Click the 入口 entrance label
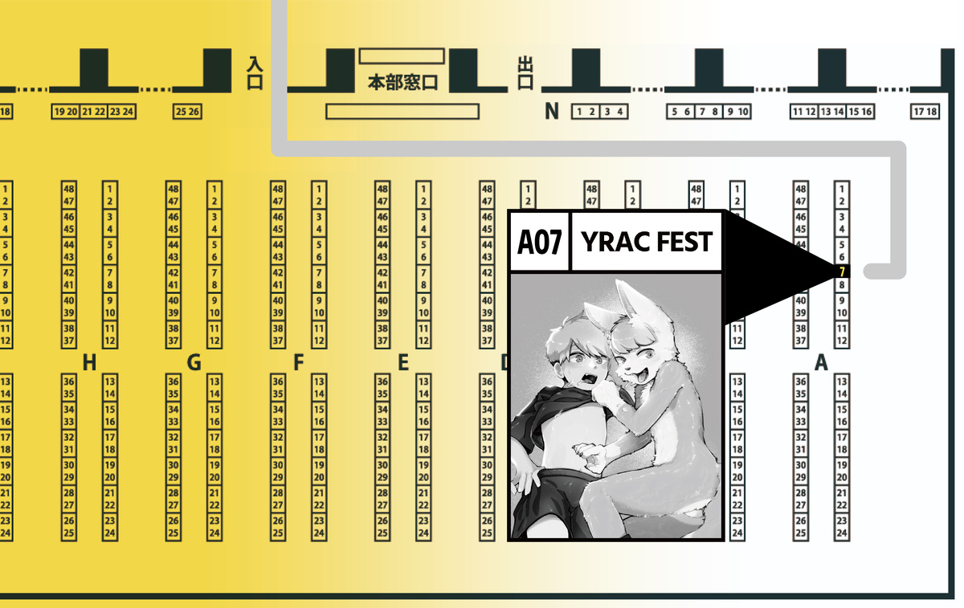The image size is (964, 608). click(254, 72)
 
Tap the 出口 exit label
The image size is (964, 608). click(526, 73)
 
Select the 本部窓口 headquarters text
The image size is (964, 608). click(402, 83)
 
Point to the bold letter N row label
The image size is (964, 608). click(551, 112)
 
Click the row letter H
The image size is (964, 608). click(89, 363)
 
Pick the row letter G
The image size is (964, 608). click(194, 363)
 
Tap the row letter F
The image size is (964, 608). click(298, 363)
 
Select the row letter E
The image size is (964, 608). click(402, 363)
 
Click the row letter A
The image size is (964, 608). click(821, 363)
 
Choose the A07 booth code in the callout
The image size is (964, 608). click(539, 242)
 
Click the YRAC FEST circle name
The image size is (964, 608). click(646, 242)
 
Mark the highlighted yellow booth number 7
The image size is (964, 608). click(842, 271)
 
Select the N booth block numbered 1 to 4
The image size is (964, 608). click(599, 112)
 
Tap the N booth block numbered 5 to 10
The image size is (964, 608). click(709, 112)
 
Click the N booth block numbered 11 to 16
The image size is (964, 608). click(832, 112)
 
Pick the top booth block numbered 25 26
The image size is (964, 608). click(187, 112)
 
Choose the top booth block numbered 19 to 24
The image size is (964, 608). click(93, 112)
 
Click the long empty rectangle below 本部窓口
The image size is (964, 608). click(402, 111)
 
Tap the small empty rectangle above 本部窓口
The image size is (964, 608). click(402, 55)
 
